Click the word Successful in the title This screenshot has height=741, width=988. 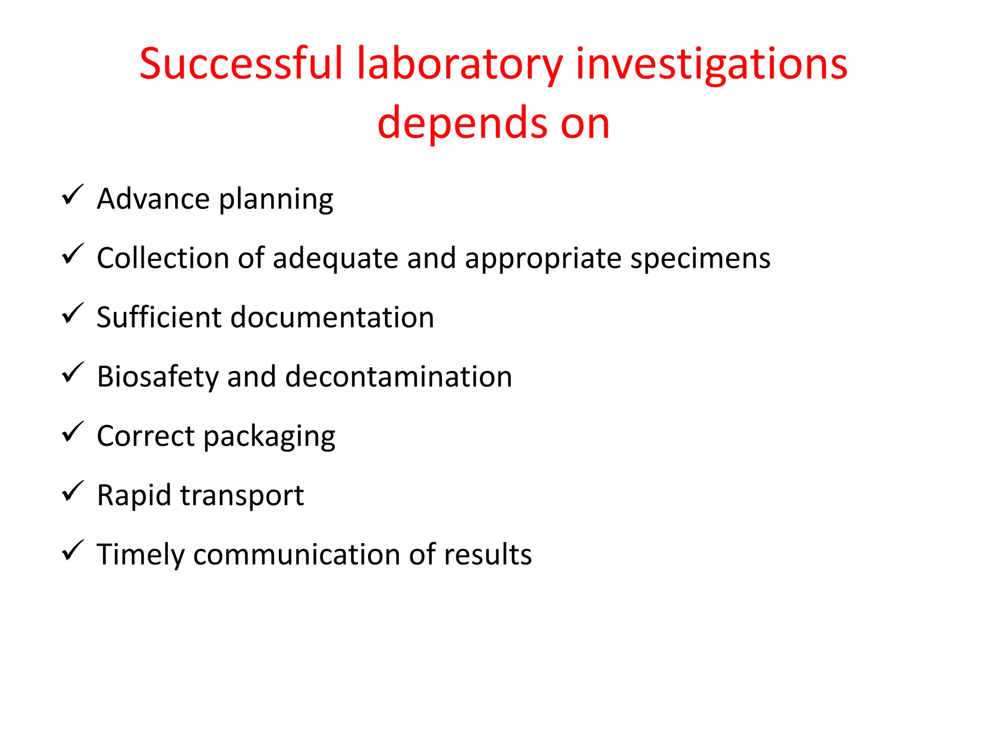pos(241,64)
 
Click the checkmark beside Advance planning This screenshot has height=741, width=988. pos(73,195)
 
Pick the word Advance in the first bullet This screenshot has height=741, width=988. pos(153,199)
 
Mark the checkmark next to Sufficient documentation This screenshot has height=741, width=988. pos(73,314)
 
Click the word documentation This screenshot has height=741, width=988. pos(332,317)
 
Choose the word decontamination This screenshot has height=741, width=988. pos(398,377)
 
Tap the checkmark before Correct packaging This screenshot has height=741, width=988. pos(73,432)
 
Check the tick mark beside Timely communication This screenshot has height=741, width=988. pos(73,551)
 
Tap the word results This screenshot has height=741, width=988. pos(488,554)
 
